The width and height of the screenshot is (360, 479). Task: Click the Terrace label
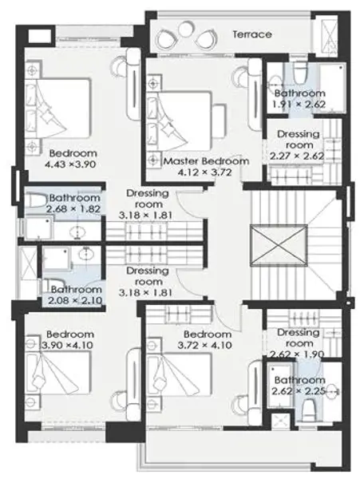252,34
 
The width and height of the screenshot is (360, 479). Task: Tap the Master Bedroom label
206,161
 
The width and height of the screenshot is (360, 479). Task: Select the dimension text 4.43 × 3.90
70,164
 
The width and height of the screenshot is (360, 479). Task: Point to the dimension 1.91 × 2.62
299,104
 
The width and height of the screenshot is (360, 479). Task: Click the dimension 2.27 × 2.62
297,156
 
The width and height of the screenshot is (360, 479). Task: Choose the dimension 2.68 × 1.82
73,209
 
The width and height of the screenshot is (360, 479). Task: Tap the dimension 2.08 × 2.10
75,301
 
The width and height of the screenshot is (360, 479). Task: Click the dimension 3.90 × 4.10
68,345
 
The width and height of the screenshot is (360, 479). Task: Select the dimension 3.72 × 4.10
205,345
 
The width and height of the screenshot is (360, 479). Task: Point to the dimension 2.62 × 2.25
299,391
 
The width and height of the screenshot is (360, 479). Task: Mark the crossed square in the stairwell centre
279,245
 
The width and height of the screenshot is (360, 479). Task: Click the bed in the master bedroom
180,121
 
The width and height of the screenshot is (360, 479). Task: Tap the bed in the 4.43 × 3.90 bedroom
58,108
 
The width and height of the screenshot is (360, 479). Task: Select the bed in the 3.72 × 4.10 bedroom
180,374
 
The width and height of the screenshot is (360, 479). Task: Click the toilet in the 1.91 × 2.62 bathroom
301,74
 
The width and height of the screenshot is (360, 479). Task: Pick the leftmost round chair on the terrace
166,38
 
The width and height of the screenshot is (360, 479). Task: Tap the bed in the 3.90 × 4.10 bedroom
58,372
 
